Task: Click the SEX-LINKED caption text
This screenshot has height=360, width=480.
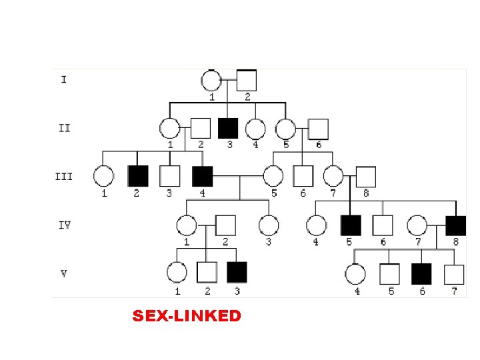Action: point(187,315)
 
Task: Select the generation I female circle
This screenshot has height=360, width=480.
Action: point(211,81)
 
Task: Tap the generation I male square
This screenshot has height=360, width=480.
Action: point(247,81)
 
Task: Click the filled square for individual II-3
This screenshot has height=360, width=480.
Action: point(229,128)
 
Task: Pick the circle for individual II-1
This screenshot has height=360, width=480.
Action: point(169,128)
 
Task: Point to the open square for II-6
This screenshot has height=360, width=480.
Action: point(318,129)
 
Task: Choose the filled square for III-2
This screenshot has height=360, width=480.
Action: point(137,175)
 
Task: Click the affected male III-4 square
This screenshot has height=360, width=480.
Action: point(202,176)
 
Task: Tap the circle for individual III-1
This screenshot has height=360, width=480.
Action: point(103,176)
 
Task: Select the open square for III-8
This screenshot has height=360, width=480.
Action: point(365,176)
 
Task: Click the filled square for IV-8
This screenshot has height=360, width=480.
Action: point(456,225)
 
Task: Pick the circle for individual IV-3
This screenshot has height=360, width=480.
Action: point(268,225)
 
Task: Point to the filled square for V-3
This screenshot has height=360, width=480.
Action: point(237,272)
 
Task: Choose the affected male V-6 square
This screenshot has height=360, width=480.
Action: point(421,273)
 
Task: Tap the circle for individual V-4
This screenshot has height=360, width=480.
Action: point(356,273)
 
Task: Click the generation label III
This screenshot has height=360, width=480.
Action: point(64,177)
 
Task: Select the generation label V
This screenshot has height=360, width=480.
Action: point(64,273)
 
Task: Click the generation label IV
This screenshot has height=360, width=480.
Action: point(64,225)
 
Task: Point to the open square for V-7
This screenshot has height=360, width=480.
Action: point(454,273)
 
